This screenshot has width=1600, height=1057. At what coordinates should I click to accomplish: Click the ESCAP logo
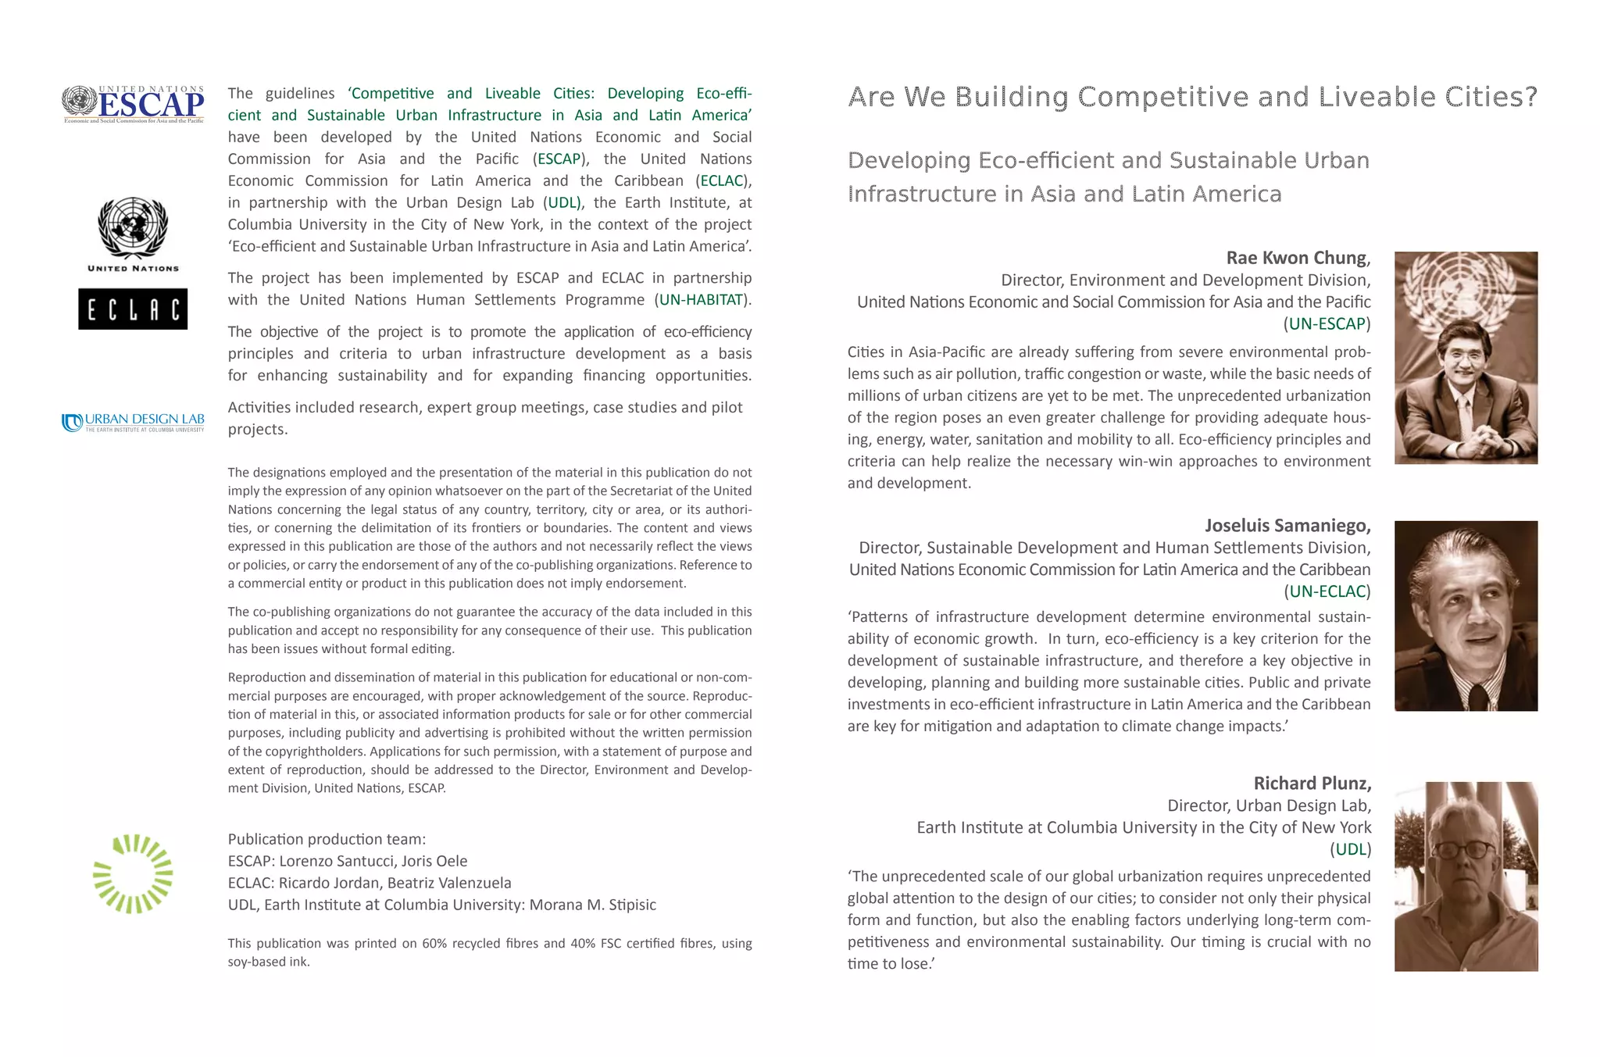pos(134,104)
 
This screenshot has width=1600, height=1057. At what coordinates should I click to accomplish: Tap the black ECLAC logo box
pos(133,309)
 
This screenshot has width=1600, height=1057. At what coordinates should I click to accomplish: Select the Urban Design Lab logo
pos(134,422)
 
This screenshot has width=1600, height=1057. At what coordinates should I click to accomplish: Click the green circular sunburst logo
pos(133,873)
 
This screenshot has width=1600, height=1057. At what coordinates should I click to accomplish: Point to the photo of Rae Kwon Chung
pos(1466,357)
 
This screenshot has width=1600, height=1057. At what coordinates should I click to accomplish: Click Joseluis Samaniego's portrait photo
pos(1466,616)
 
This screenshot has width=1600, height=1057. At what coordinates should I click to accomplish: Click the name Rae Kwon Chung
pos(1298,258)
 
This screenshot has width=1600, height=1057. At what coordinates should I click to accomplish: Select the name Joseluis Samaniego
pos(1287,525)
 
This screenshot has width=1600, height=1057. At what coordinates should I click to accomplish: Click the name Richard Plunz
pos(1312,783)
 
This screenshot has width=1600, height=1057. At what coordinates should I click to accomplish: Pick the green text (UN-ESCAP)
pos(1327,323)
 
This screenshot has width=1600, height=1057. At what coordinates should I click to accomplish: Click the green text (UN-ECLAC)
pos(1327,591)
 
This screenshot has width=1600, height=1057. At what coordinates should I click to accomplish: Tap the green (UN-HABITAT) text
pos(702,300)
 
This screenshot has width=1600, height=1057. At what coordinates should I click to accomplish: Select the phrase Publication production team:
pos(327,839)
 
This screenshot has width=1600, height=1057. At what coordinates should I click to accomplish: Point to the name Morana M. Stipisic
pos(592,905)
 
